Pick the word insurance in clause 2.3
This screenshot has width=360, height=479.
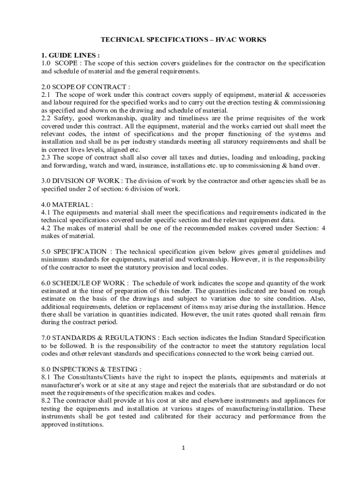[x=179, y=166]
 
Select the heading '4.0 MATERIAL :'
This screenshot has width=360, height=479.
[x=67, y=204]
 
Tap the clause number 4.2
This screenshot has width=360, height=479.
[x=46, y=228]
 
